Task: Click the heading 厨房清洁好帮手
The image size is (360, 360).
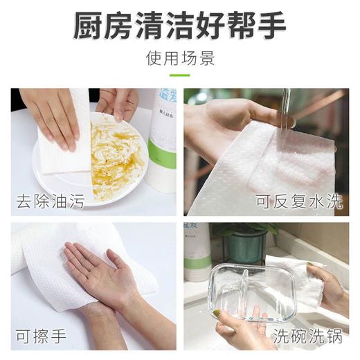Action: click(180, 26)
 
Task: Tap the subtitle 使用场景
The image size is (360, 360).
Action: click(180, 58)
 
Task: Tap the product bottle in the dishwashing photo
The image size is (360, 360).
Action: click(197, 253)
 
